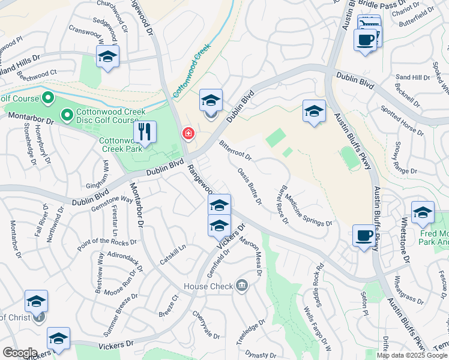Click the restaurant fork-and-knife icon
tap(145, 131)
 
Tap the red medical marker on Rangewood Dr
tap(188, 133)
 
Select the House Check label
tap(208, 286)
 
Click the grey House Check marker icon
tap(241, 284)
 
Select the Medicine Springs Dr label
tap(309, 210)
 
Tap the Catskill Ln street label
tap(173, 254)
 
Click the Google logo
tap(20, 353)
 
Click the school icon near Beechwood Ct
tap(107, 56)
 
